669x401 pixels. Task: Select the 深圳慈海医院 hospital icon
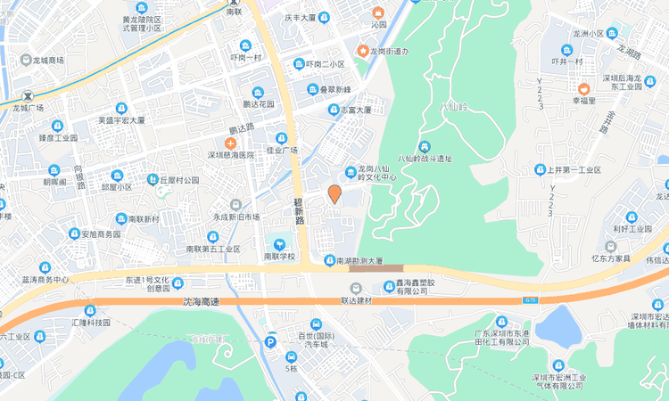tap(230, 143)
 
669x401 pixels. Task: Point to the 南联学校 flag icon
tap(278, 243)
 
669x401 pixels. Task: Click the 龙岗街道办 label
tap(389, 51)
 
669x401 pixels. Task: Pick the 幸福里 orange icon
tap(583, 88)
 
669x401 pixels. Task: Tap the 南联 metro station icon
tap(234, 3)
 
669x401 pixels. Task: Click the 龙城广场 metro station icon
tap(29, 95)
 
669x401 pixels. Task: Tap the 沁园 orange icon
tap(378, 12)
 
